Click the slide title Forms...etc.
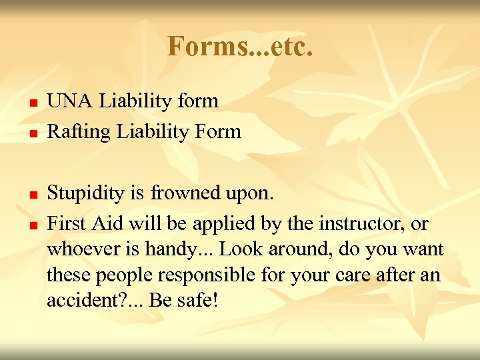click(240, 47)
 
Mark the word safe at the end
click(197, 301)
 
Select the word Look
click(240, 250)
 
